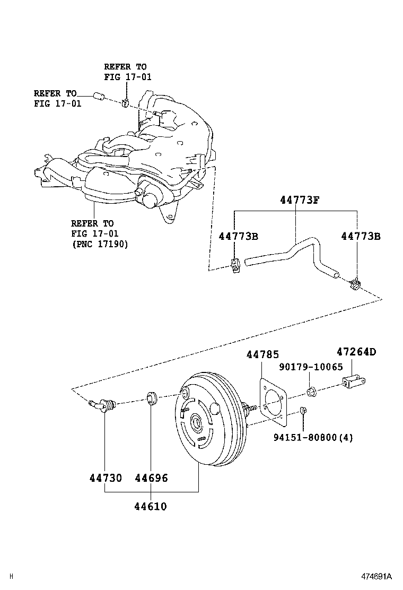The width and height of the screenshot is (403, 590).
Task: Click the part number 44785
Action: tap(262, 355)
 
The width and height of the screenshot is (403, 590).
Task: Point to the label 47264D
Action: tap(356, 351)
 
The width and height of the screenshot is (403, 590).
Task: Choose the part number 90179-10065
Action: tap(311, 367)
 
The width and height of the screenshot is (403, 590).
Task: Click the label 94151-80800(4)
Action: tap(313, 438)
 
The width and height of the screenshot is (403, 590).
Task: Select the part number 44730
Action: tap(105, 478)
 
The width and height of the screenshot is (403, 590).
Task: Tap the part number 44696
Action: tap(151, 478)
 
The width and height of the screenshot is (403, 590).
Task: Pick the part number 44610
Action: tap(150, 506)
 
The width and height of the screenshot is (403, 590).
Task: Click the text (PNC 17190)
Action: tap(100, 244)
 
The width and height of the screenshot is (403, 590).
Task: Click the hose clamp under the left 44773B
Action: tap(236, 264)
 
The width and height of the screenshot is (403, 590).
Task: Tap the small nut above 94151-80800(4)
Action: tap(303, 410)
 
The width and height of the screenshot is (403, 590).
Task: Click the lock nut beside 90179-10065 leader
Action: tap(311, 393)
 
